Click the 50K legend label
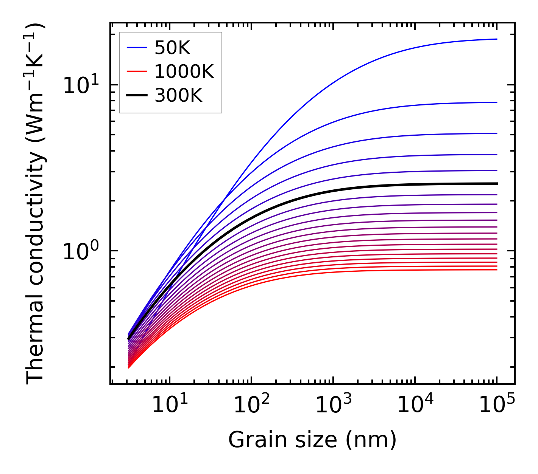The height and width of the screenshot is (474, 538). [x=172, y=48]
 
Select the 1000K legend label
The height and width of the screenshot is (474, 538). [x=184, y=71]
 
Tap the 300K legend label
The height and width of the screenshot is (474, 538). [x=178, y=96]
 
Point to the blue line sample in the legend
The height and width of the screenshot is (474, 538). [x=137, y=48]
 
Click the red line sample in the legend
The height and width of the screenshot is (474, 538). [x=137, y=71]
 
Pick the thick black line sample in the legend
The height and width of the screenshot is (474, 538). [x=137, y=96]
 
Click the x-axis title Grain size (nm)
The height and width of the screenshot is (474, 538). [x=312, y=440]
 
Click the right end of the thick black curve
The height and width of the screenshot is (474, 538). [x=496, y=184]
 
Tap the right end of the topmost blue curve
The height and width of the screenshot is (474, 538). [x=496, y=39]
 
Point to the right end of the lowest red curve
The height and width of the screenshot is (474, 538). [x=496, y=270]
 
